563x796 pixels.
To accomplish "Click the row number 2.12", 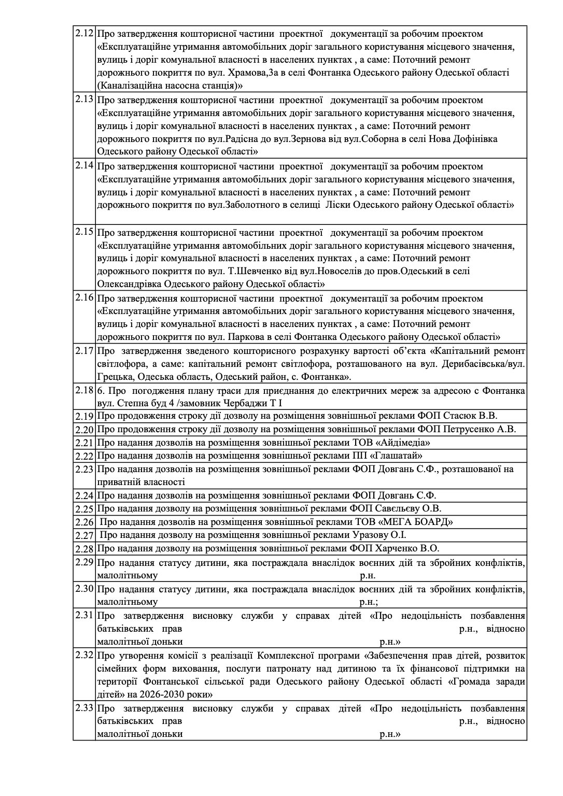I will click(x=84, y=34).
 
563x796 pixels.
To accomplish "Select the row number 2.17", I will click(x=84, y=351).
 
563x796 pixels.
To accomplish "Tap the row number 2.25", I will click(x=84, y=509).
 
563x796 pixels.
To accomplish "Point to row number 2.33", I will click(x=84, y=708).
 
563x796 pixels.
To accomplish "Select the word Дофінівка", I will click(x=473, y=139).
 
